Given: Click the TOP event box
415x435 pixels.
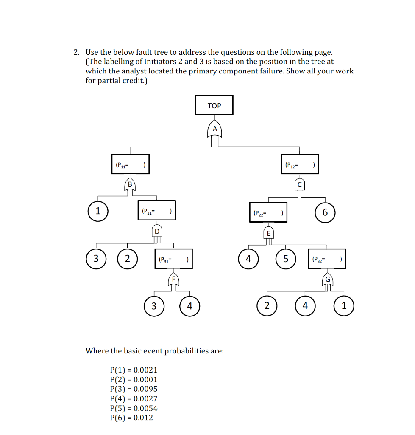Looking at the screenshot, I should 214,105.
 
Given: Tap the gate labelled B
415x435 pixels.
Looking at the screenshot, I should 130,184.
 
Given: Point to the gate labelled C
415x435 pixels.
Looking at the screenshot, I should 300,184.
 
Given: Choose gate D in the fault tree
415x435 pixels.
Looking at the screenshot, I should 157,232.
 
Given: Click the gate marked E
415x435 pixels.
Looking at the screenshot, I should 268,233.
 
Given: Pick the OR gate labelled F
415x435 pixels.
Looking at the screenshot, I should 173,279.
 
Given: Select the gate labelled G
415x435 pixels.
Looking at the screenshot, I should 327,279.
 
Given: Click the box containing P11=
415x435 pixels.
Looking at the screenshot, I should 131,164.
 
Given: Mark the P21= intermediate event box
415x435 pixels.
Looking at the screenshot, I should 157,211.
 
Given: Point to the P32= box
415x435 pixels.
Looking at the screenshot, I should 327,258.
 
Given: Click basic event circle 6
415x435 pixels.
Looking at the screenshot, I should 325,212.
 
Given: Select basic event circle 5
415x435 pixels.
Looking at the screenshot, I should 286,258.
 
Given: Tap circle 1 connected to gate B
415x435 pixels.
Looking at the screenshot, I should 98,211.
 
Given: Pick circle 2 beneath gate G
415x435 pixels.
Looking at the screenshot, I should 267,305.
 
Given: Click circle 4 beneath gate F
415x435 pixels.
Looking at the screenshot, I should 189,305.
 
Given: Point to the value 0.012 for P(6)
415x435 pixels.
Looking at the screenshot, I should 143,418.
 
